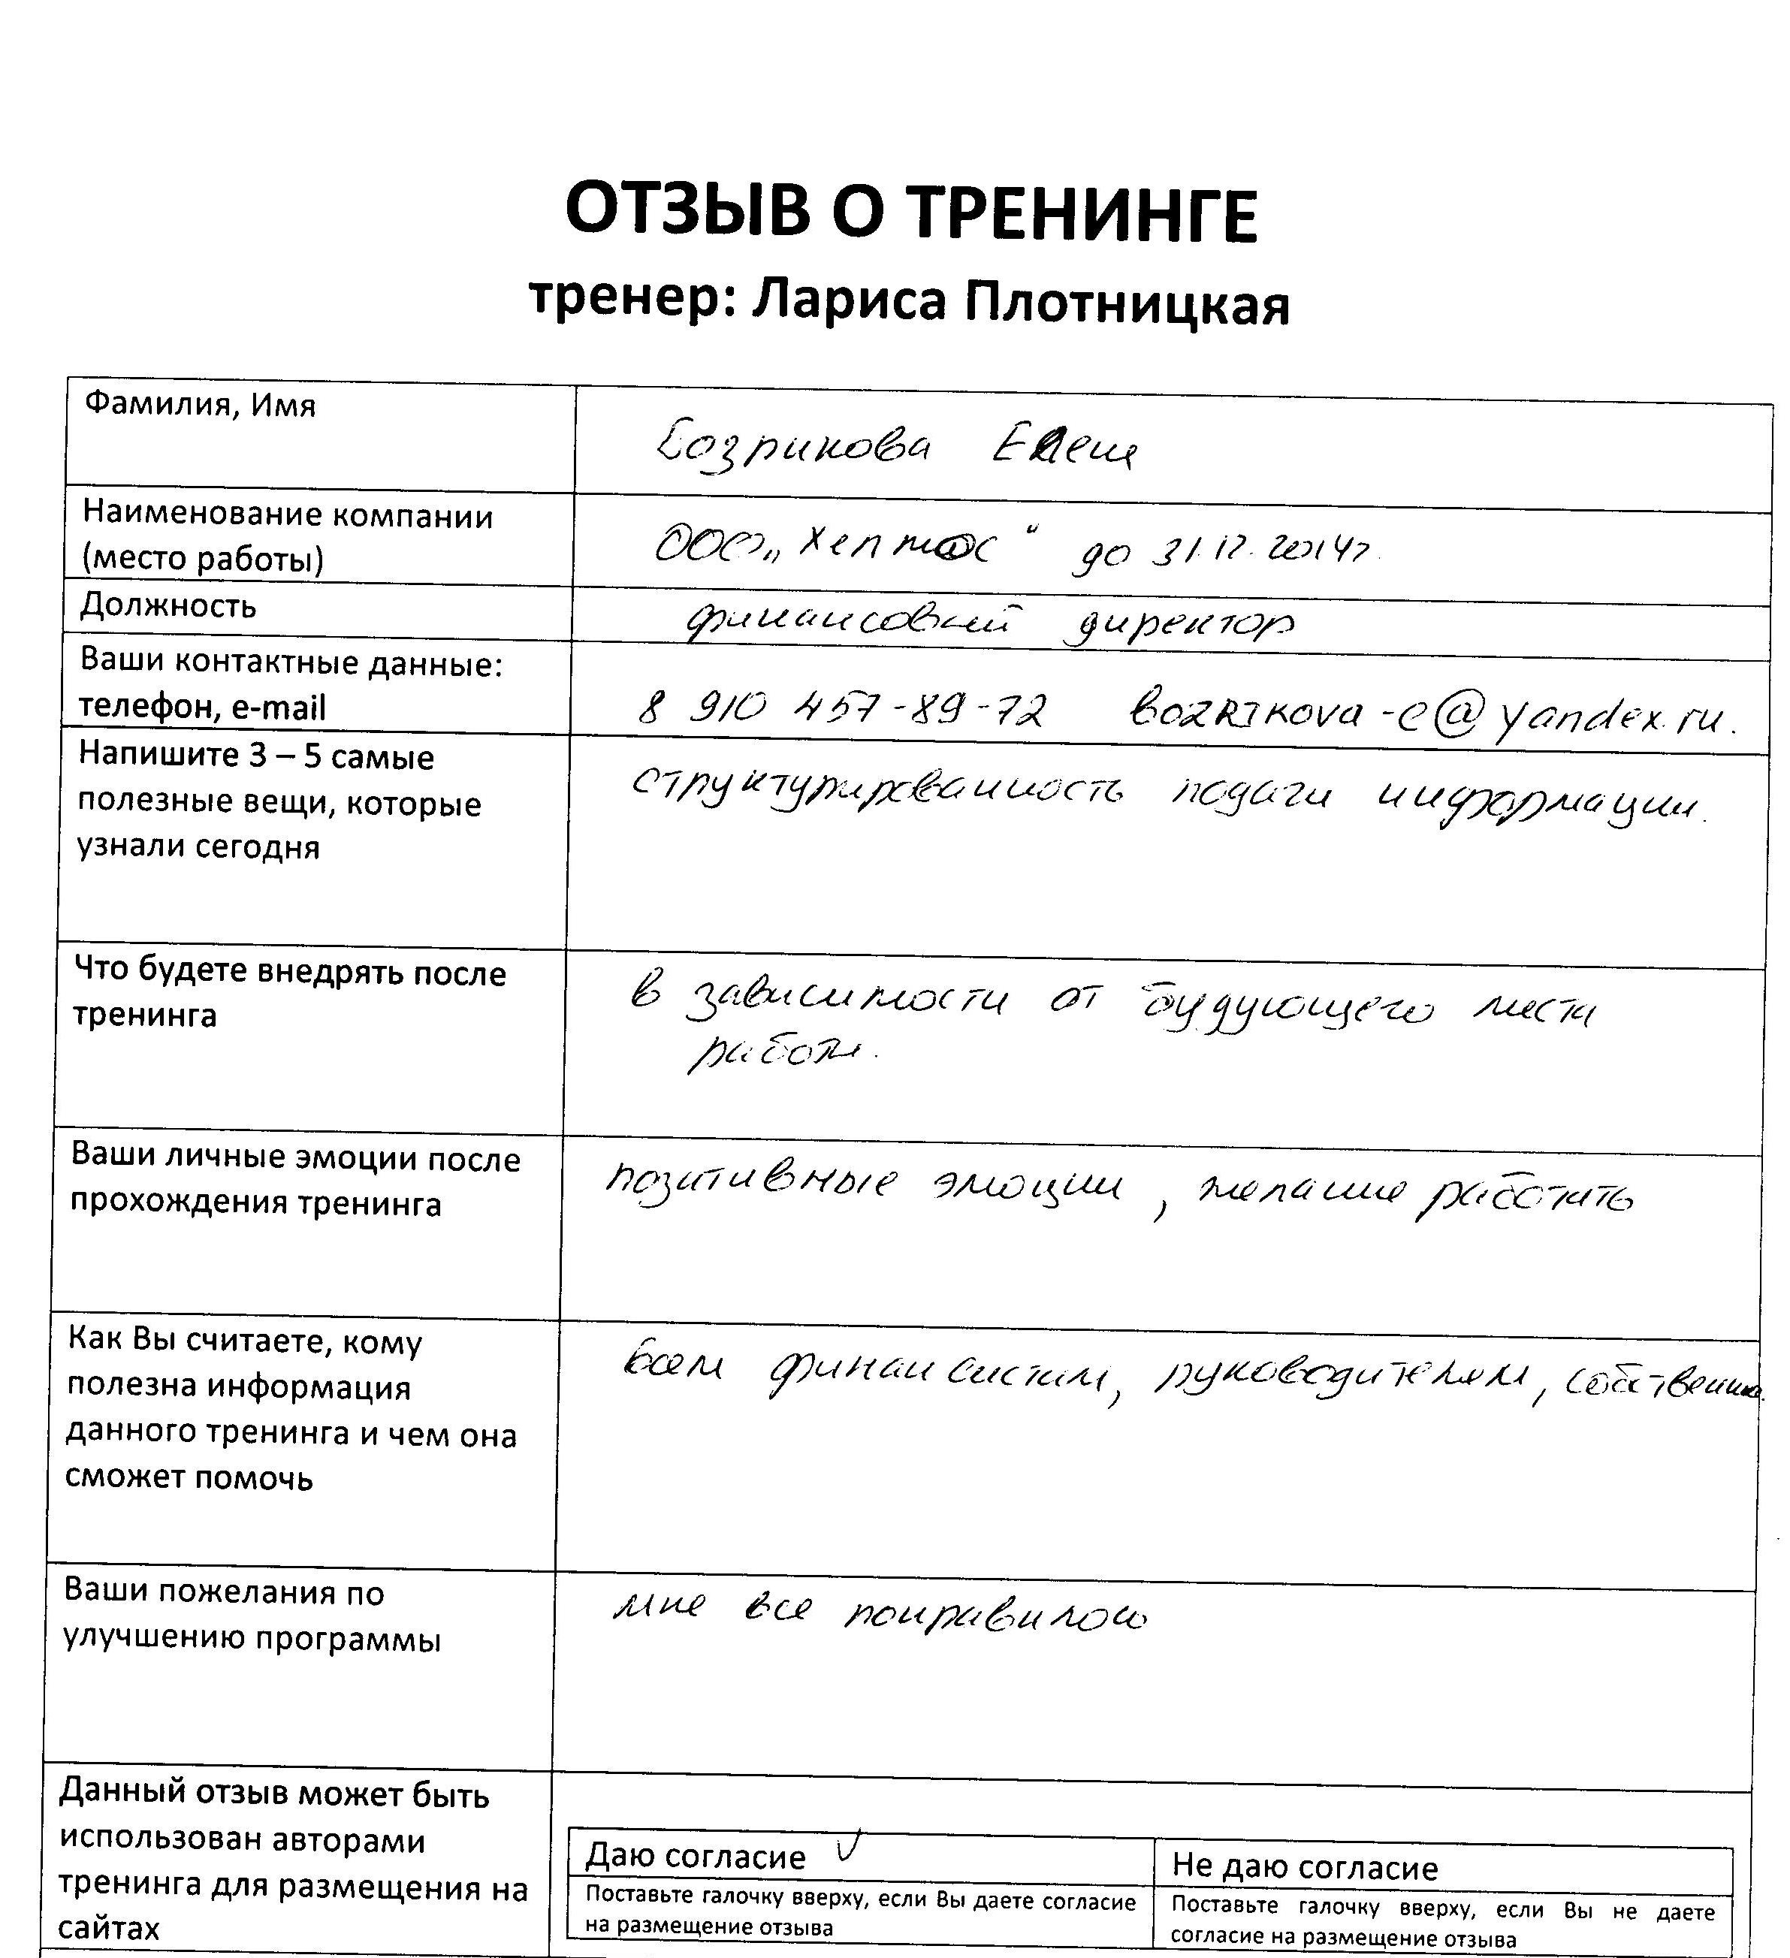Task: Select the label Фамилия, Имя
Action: [200, 404]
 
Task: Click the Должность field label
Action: [168, 606]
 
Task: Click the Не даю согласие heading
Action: [1304, 1866]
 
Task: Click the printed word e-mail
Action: [279, 707]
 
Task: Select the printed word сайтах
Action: [109, 1928]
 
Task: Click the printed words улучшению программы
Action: [252, 1640]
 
